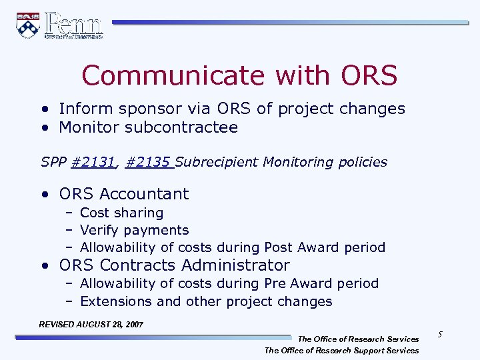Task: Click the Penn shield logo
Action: (x=27, y=25)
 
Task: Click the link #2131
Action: (x=95, y=162)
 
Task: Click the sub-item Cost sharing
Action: (x=121, y=213)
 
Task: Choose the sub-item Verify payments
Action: (x=134, y=230)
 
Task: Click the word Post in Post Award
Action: (x=279, y=247)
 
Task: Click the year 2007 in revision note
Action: (x=131, y=324)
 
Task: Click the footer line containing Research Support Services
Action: (x=341, y=351)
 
